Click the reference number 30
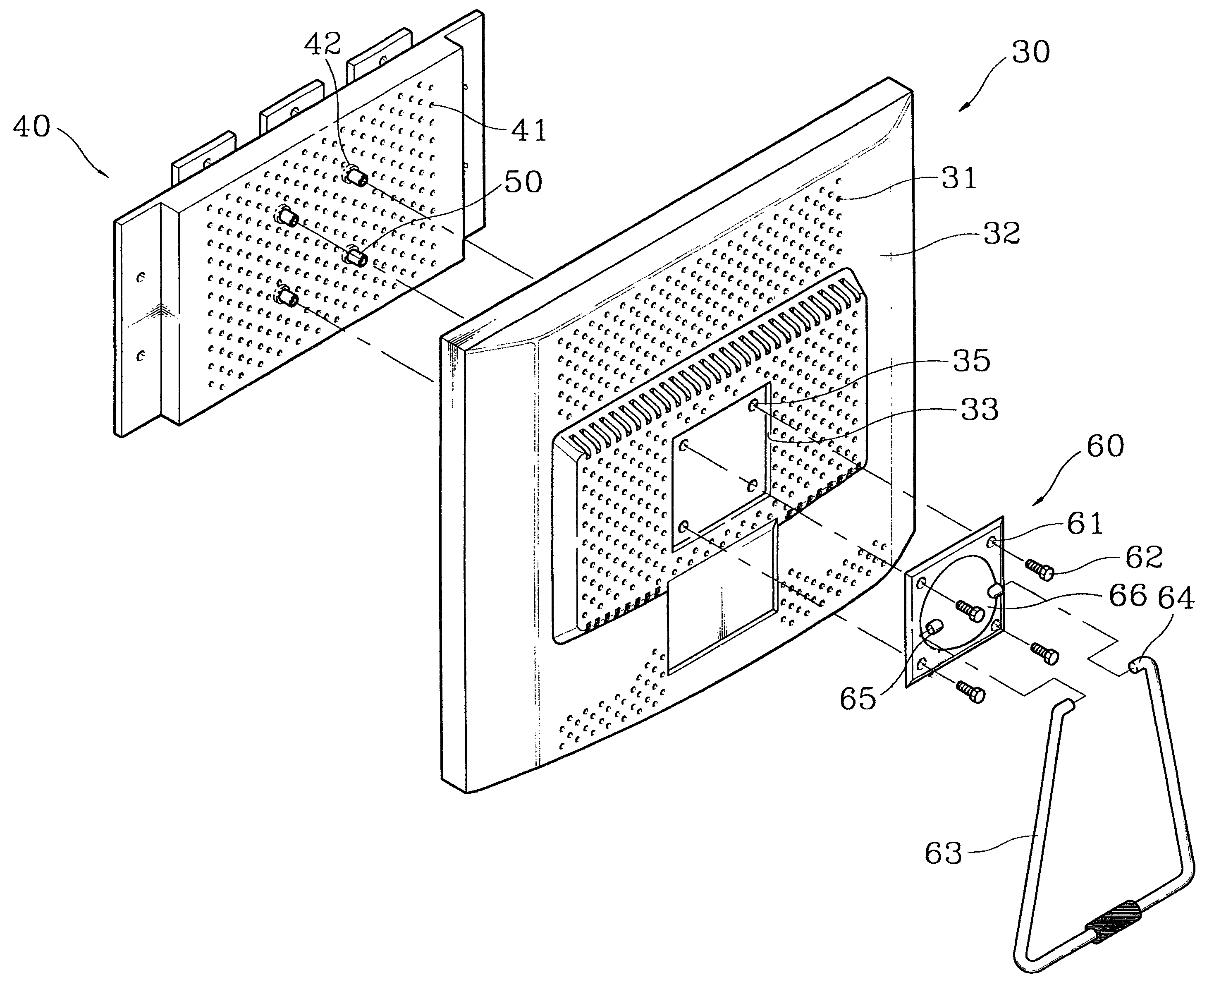point(1031,53)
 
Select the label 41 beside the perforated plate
point(529,130)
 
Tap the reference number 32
point(1002,234)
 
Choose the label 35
point(972,361)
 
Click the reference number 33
point(980,410)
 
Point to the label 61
point(1085,524)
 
